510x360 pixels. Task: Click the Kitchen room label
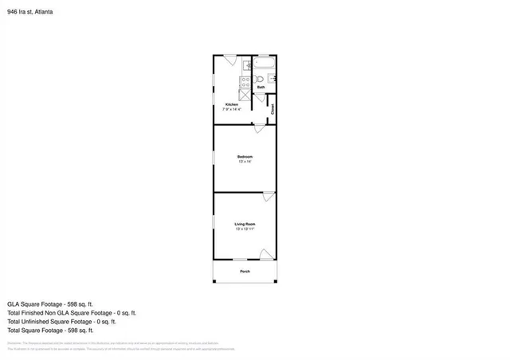pyautogui.click(x=232, y=104)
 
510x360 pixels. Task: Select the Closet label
pyautogui.click(x=273, y=109)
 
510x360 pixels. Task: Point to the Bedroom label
pyautogui.click(x=245, y=157)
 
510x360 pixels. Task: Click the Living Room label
pyautogui.click(x=245, y=224)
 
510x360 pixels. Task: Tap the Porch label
pyautogui.click(x=245, y=272)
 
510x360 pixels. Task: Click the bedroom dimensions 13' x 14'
pyautogui.click(x=245, y=162)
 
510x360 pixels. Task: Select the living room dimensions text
pyautogui.click(x=245, y=229)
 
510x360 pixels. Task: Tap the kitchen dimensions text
pyautogui.click(x=232, y=109)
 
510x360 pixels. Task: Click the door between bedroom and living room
pyautogui.click(x=269, y=196)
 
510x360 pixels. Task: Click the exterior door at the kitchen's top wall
pyautogui.click(x=229, y=59)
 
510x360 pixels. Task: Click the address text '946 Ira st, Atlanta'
pyautogui.click(x=31, y=12)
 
